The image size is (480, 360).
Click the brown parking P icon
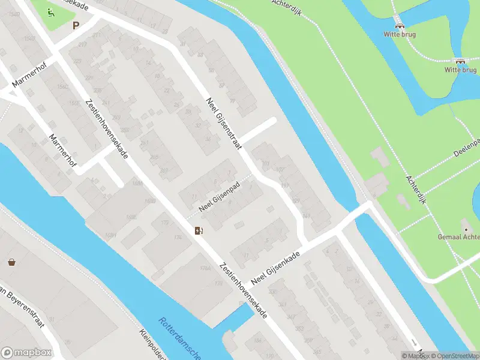coord(76,25)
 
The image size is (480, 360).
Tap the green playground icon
coord(52,12)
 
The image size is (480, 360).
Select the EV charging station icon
coord(199,230)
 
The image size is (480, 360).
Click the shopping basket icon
coord(11,262)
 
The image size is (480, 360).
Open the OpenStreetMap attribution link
coord(454,356)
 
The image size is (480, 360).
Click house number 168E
coord(131,217)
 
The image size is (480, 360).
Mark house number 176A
coord(206,268)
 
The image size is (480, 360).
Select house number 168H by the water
coord(110,234)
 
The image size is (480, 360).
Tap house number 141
coord(307,215)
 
